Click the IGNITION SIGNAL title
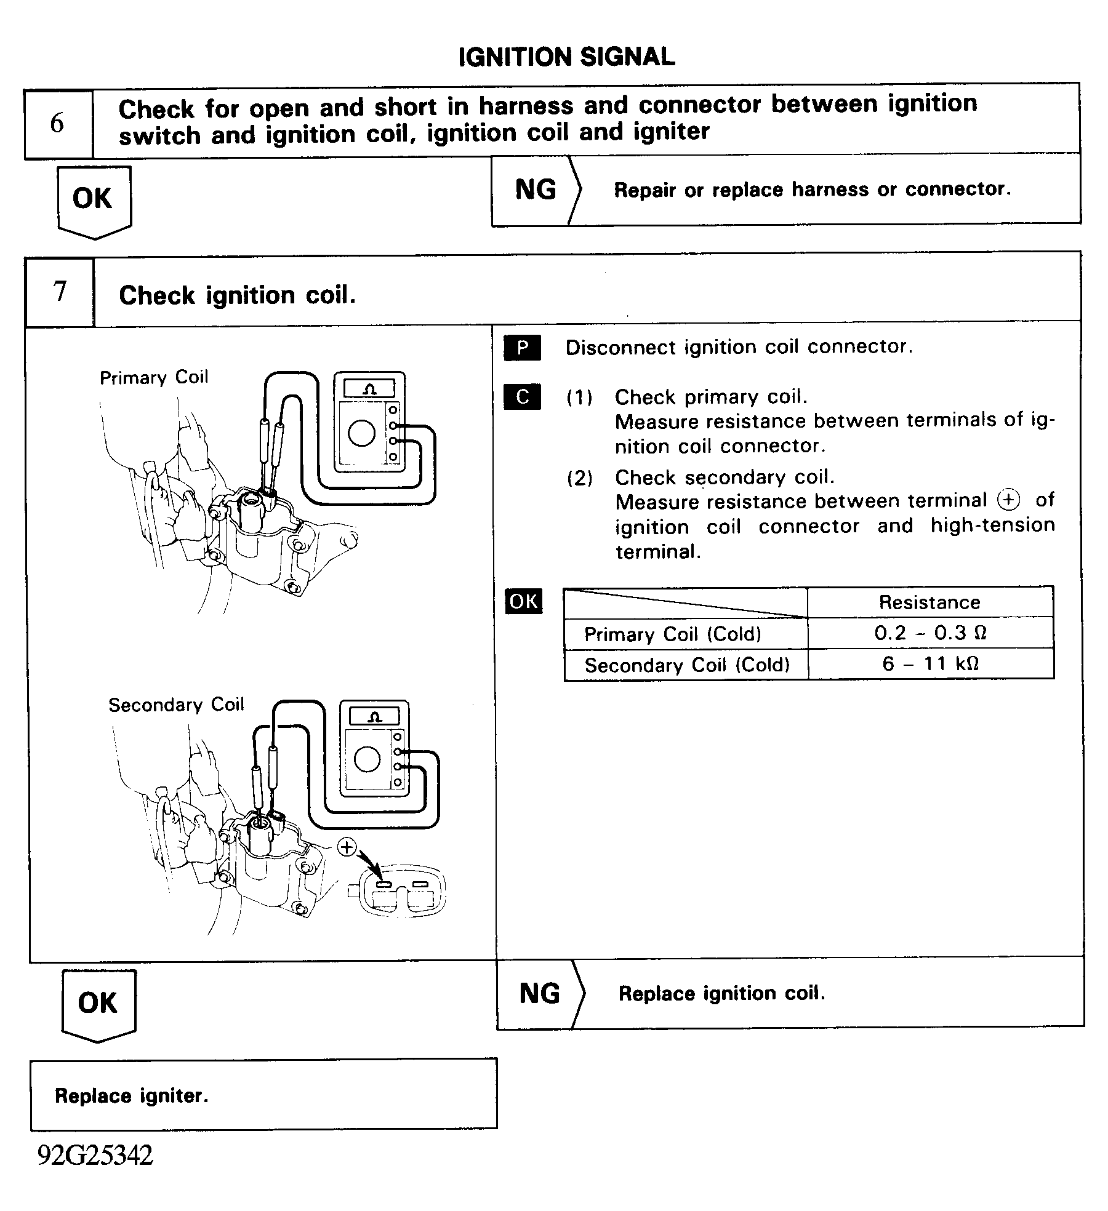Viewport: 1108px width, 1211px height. click(x=566, y=57)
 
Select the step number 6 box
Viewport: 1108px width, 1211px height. click(x=58, y=123)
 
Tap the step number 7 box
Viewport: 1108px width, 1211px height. click(x=60, y=291)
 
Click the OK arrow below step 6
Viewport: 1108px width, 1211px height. click(x=93, y=201)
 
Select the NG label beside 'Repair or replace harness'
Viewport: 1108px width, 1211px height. click(x=536, y=190)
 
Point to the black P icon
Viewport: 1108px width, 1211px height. click(x=522, y=348)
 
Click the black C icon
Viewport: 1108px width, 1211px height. click(x=522, y=397)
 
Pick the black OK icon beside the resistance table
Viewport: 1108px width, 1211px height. click(x=523, y=601)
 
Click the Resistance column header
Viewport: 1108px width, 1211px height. click(x=929, y=602)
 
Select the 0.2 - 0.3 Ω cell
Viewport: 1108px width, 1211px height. click(x=929, y=633)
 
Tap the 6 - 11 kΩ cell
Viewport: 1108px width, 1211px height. click(x=929, y=664)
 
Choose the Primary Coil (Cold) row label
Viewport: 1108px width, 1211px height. click(x=672, y=634)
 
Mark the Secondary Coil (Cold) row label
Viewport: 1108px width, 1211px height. click(x=686, y=665)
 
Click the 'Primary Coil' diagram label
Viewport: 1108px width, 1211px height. click(x=154, y=377)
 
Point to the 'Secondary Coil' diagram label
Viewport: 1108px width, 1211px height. click(x=176, y=705)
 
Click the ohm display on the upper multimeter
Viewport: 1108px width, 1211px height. click(x=369, y=389)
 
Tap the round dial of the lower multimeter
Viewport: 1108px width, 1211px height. click(x=367, y=761)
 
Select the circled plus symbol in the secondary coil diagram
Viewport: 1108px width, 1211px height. click(x=347, y=847)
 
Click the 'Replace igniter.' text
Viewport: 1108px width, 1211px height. click(x=132, y=1096)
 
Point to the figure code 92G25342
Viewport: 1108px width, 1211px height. click(x=95, y=1156)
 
